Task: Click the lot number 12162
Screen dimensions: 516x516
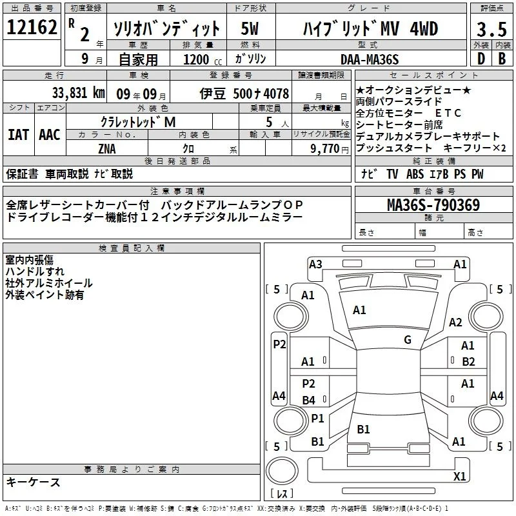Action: [32, 27]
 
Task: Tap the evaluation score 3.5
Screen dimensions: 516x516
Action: [491, 29]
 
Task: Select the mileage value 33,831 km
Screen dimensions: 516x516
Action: [78, 93]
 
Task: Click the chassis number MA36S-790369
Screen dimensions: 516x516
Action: [433, 204]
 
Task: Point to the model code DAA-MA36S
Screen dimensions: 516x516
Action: [370, 59]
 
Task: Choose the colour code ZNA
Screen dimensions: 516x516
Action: [107, 149]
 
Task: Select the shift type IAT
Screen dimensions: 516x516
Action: [19, 135]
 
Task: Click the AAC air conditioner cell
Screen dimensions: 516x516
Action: [50, 135]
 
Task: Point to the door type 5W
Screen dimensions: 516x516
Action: [250, 28]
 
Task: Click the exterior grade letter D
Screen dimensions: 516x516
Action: [481, 59]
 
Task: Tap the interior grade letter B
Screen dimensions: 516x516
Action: [502, 59]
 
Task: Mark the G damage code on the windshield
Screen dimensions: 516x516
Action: [408, 340]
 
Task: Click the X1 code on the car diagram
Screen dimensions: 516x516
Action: [459, 476]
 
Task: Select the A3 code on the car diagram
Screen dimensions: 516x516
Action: [315, 264]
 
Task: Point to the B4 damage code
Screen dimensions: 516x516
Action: [309, 400]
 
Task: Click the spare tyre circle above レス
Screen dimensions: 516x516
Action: [282, 471]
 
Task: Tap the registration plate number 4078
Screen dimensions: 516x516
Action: [276, 94]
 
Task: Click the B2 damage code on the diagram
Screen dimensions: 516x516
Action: [468, 362]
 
